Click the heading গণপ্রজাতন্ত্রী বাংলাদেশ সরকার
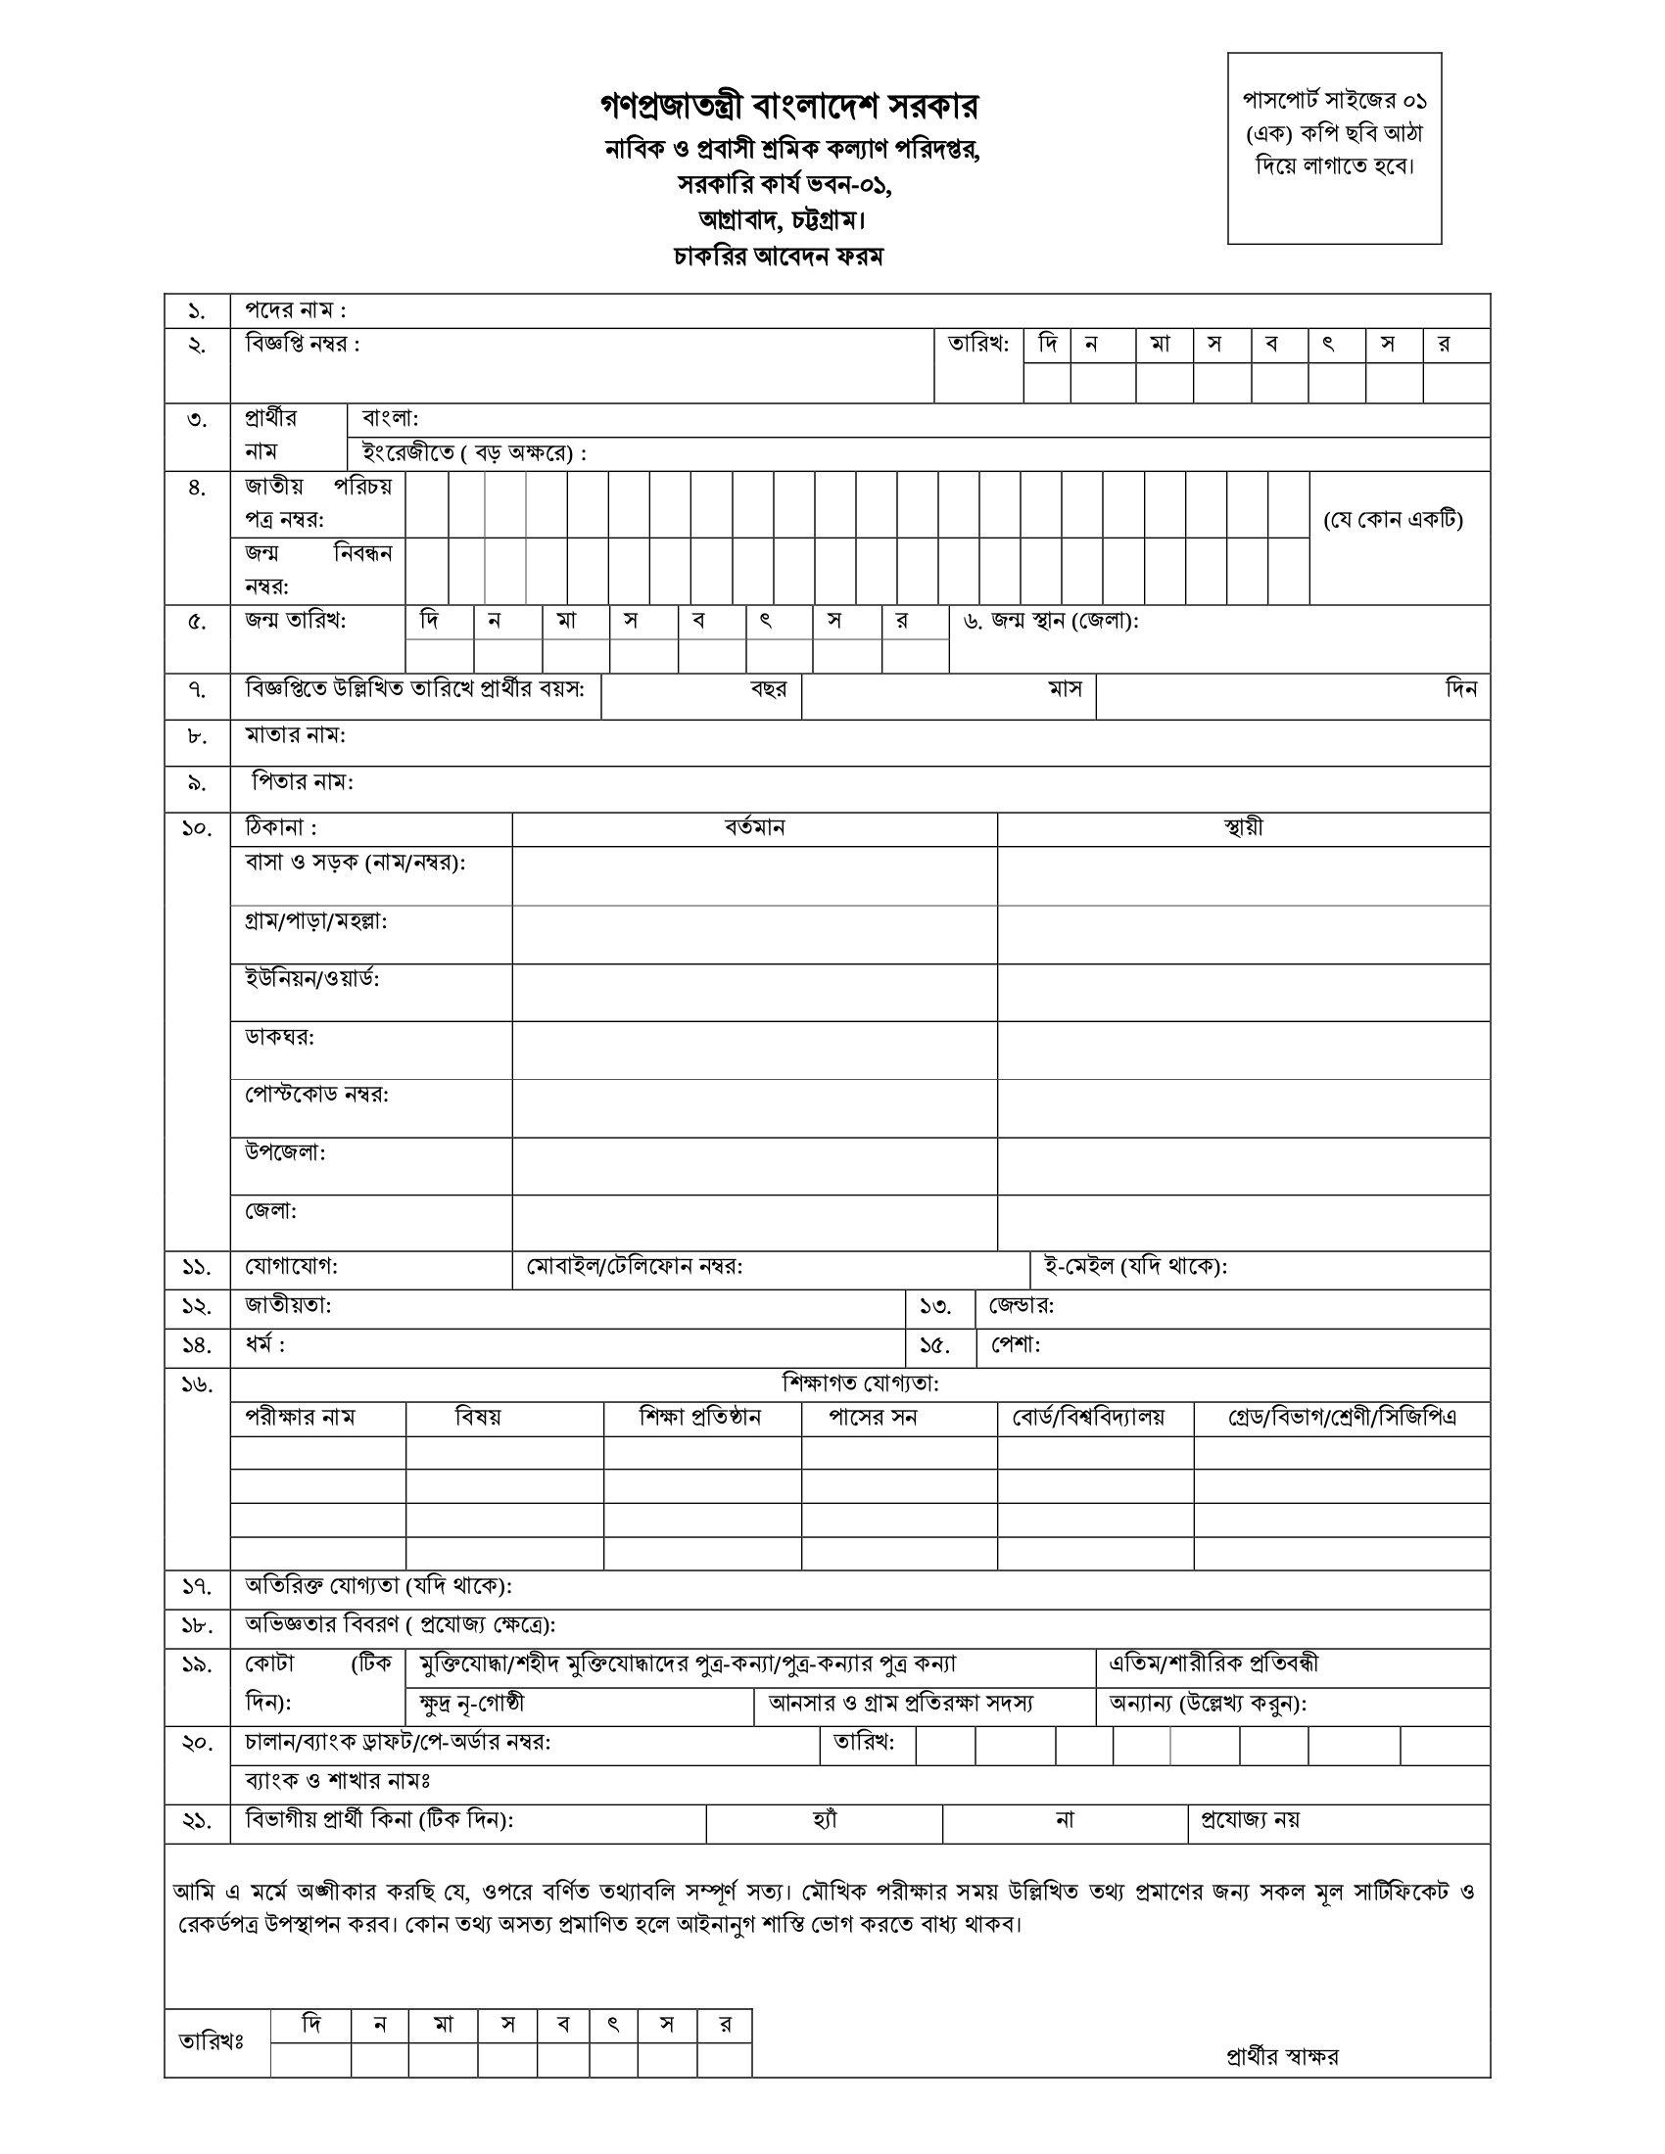(x=789, y=106)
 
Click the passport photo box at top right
(x=1334, y=148)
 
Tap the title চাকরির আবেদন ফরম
(x=779, y=257)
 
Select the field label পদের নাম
(x=295, y=310)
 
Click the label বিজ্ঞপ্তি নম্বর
(x=302, y=345)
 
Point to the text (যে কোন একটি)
(x=1393, y=520)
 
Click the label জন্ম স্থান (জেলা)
(x=1052, y=622)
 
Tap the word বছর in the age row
(x=769, y=689)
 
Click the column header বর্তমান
(x=753, y=828)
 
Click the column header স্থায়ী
(x=1242, y=828)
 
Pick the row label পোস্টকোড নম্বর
(x=316, y=1095)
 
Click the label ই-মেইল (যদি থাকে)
(x=1134, y=1266)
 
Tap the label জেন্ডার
(x=1021, y=1306)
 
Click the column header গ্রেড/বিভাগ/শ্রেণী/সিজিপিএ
(x=1342, y=1419)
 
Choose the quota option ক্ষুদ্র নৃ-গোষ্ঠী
(x=471, y=1704)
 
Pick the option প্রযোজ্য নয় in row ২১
(x=1249, y=1820)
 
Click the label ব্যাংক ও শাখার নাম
(x=337, y=1781)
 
